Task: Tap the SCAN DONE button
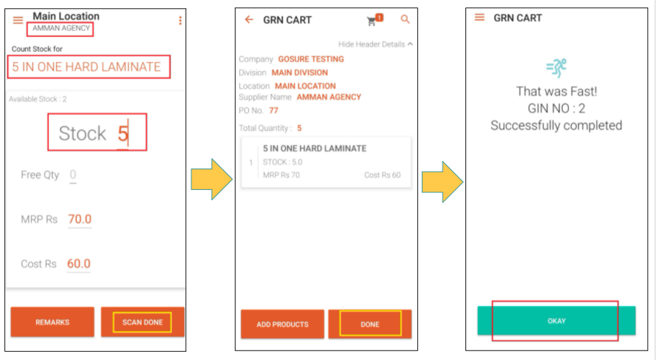(143, 322)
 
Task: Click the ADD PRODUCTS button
(282, 324)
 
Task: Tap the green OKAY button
(556, 321)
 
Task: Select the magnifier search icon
(405, 19)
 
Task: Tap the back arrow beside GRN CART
(249, 20)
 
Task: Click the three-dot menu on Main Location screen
(180, 21)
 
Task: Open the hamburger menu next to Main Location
(18, 20)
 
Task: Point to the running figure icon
(556, 68)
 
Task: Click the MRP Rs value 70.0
(80, 219)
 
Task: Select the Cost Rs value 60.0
(78, 263)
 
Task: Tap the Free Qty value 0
(73, 174)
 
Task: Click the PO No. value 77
(273, 110)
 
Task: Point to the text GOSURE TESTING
(311, 59)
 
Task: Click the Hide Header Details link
(375, 44)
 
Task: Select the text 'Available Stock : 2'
(38, 99)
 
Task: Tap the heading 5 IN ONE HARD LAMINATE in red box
(86, 67)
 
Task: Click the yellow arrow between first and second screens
(212, 179)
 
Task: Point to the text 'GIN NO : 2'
(556, 109)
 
